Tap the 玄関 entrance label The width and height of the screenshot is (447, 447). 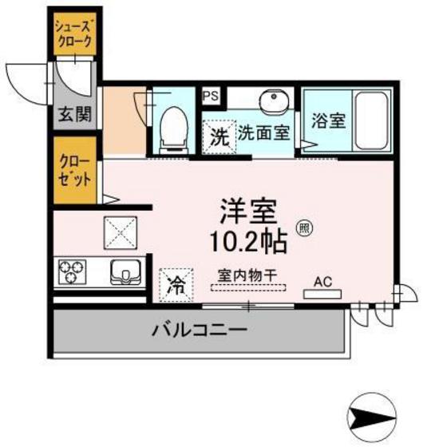(73, 113)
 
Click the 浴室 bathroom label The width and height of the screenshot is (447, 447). (329, 122)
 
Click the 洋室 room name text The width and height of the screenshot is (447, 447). (248, 211)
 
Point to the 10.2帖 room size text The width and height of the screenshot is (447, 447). (249, 239)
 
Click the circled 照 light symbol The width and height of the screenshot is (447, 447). (305, 227)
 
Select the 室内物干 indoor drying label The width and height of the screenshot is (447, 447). (248, 275)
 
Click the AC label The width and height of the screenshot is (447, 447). (322, 281)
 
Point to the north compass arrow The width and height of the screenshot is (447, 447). (374, 416)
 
